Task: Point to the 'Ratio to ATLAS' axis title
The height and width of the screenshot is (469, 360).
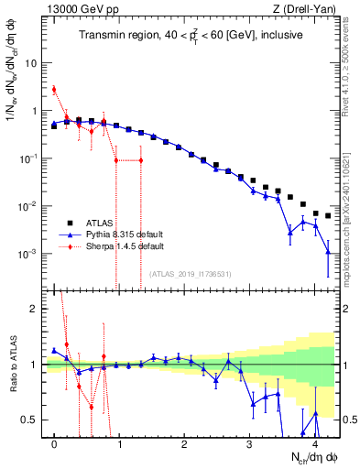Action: click(x=12, y=365)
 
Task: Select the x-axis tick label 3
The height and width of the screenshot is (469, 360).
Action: click(x=249, y=443)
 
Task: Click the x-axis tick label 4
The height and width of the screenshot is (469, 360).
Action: click(x=314, y=443)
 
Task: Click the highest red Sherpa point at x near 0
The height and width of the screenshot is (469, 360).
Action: click(x=54, y=90)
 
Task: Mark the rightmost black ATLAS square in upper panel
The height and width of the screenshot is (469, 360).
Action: click(x=328, y=216)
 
